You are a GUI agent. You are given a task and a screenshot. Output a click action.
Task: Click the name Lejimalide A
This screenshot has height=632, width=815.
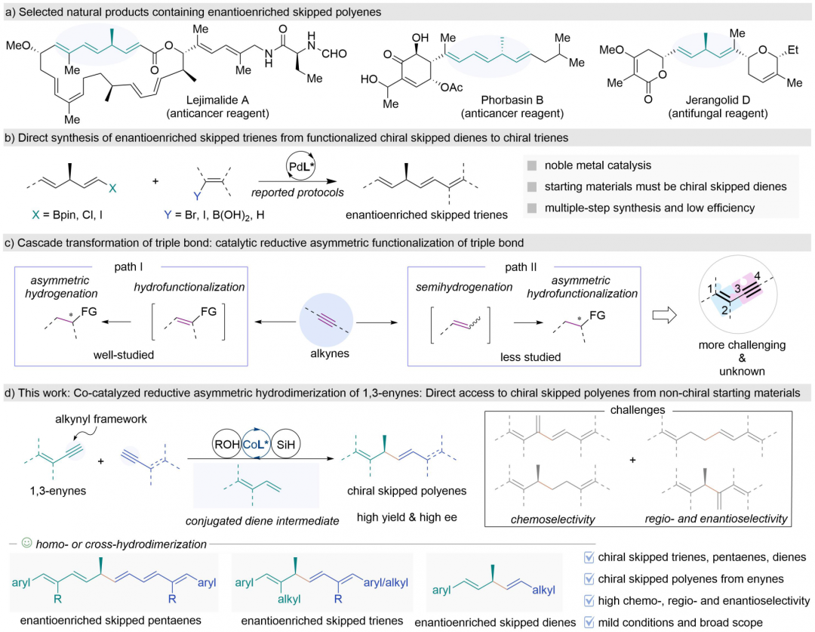click(x=218, y=100)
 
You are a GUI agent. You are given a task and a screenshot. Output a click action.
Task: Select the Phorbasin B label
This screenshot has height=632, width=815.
click(x=512, y=100)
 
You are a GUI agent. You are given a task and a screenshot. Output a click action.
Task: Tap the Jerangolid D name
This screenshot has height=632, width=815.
click(x=718, y=100)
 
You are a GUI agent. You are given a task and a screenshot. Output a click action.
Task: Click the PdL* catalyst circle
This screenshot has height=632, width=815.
click(x=301, y=166)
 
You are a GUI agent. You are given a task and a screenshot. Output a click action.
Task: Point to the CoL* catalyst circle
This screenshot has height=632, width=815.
click(x=257, y=444)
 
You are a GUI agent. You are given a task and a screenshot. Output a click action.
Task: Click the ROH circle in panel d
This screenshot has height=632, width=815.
click(x=227, y=444)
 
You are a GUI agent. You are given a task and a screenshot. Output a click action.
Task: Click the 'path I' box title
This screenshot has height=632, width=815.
click(x=128, y=267)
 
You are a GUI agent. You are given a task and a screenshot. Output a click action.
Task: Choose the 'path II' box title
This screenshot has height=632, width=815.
click(x=521, y=267)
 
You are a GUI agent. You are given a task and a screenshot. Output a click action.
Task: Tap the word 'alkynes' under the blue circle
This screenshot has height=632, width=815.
click(x=330, y=353)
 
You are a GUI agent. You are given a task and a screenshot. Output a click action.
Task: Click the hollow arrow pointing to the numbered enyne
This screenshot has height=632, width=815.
click(x=665, y=315)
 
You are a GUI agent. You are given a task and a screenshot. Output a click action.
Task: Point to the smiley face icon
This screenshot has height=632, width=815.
click(x=26, y=543)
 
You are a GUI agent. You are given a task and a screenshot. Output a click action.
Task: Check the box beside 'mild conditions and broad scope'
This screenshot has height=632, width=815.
click(x=589, y=622)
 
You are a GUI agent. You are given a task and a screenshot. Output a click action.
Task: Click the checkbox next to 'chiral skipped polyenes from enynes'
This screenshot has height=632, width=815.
click(x=589, y=578)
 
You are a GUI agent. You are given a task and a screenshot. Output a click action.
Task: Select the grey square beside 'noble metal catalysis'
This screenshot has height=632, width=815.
click(x=532, y=165)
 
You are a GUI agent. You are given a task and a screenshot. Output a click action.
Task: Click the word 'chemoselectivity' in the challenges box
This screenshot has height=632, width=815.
click(x=552, y=519)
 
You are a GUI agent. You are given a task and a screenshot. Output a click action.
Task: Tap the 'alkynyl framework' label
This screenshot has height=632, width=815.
click(x=101, y=419)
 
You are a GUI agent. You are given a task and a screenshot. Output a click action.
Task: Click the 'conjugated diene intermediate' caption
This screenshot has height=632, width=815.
click(x=263, y=521)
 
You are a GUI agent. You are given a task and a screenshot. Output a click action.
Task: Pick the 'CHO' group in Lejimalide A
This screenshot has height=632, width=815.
click(x=334, y=54)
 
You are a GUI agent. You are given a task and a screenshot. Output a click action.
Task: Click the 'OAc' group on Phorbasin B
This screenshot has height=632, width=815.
click(x=451, y=88)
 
